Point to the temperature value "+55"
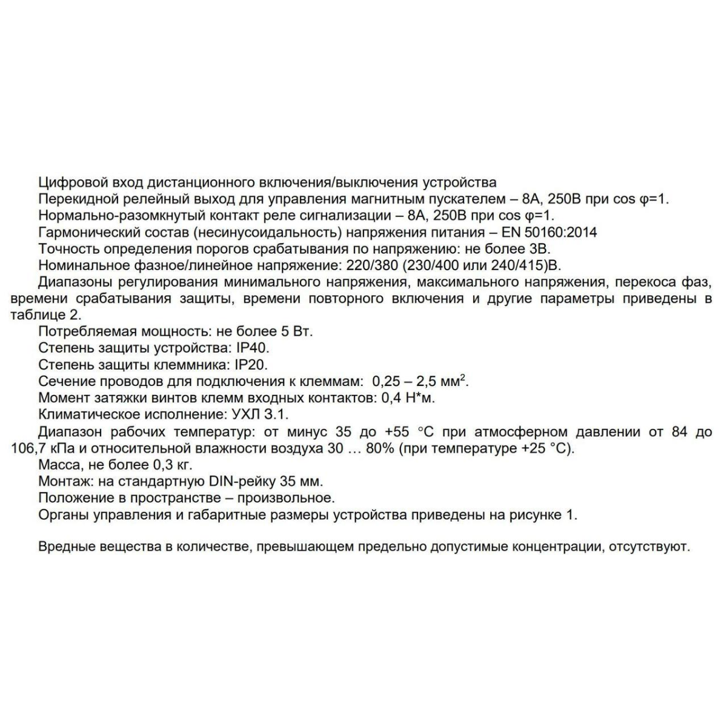click(397, 432)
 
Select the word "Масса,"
click(59, 465)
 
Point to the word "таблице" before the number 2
click(35, 315)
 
